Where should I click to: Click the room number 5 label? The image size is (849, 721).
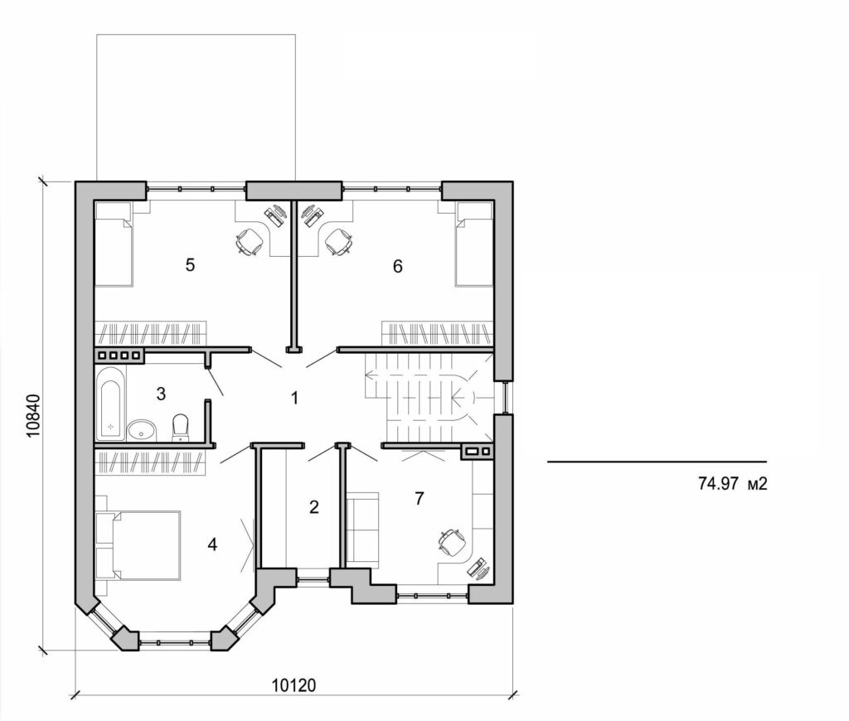point(191,265)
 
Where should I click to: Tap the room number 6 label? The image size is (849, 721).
point(398,266)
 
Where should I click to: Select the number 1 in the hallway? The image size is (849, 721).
point(294,398)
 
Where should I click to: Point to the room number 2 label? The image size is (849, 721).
point(313,506)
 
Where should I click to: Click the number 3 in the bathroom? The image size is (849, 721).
point(162,392)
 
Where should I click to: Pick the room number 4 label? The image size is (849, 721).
point(213,544)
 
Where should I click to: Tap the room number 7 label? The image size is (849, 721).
point(419,498)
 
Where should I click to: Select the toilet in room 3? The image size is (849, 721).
point(180,427)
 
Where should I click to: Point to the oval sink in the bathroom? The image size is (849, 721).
point(142,430)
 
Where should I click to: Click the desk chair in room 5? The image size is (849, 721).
point(248,242)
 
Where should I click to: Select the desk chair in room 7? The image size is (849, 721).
point(450,542)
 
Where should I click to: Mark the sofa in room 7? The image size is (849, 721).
point(362,528)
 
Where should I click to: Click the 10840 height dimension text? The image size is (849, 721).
point(32,414)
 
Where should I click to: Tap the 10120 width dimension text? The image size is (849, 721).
point(295,685)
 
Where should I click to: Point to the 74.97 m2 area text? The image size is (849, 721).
point(729,483)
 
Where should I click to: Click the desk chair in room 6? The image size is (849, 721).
point(338,242)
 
